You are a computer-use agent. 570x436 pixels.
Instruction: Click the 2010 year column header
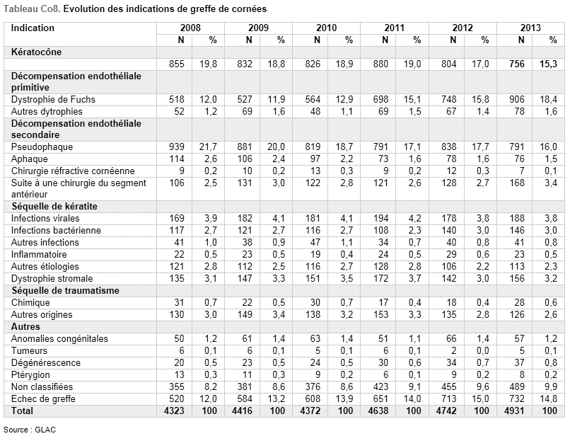[x=326, y=28]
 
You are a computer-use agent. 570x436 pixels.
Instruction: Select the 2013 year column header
[x=530, y=28]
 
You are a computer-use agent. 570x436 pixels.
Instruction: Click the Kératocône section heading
[x=36, y=52]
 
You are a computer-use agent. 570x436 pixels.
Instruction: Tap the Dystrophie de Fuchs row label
[x=53, y=100]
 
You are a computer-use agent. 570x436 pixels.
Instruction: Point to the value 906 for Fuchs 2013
[x=516, y=100]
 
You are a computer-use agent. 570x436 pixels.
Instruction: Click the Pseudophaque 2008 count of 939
[x=177, y=147]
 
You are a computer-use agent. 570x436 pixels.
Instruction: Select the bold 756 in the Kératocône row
[x=516, y=64]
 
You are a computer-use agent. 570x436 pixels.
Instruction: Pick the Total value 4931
[x=514, y=411]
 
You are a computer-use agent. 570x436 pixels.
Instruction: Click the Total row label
[x=22, y=411]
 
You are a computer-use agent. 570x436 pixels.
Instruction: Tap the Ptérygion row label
[x=30, y=375]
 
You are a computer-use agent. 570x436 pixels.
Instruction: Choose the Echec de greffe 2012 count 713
[x=448, y=399]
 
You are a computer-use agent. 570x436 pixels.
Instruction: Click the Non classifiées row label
[x=42, y=387]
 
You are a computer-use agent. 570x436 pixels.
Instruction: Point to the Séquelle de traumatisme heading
[x=66, y=291]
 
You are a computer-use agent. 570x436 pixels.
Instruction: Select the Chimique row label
[x=30, y=303]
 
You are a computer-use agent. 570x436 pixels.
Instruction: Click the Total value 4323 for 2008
[x=174, y=411]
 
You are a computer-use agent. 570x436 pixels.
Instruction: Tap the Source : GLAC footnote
[x=30, y=430]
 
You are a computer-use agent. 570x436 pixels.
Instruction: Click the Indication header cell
[x=33, y=28]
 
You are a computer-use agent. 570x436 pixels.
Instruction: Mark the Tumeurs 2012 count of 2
[x=453, y=351]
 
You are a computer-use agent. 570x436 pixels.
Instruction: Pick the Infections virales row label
[x=45, y=219]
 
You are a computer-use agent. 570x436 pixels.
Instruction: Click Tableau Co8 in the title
[x=32, y=9]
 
